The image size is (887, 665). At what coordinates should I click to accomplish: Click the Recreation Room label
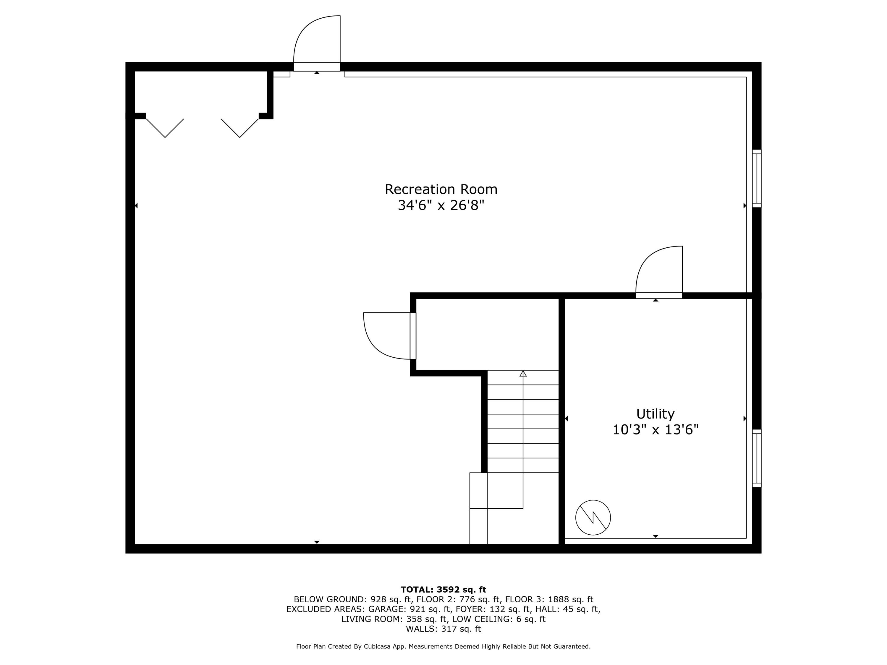click(x=441, y=189)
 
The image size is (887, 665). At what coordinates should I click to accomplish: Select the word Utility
click(x=655, y=414)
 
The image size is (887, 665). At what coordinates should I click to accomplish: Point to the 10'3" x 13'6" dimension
click(x=655, y=430)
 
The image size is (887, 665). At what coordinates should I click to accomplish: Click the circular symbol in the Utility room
click(x=593, y=518)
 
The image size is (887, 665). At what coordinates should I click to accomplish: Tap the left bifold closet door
click(x=165, y=128)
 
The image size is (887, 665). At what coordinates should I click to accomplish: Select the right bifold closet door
click(x=240, y=128)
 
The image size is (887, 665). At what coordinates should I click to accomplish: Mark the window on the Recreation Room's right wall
click(x=756, y=179)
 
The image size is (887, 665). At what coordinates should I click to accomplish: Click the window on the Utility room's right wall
click(x=756, y=458)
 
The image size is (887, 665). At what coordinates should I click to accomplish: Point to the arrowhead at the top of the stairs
click(x=523, y=374)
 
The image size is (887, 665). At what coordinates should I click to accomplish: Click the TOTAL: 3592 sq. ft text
click(x=443, y=590)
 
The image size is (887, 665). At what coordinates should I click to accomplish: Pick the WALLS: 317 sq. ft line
click(x=443, y=629)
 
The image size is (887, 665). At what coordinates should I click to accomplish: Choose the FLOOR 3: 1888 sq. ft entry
click(x=549, y=600)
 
